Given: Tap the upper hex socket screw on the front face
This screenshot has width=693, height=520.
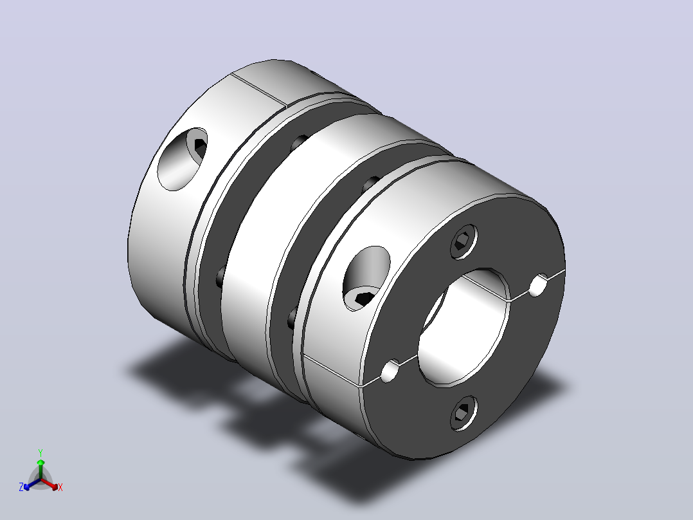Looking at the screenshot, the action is (464, 241).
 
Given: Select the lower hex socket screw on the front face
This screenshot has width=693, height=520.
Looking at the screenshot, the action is (464, 413).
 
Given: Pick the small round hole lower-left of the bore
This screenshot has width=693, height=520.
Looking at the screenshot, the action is (390, 371).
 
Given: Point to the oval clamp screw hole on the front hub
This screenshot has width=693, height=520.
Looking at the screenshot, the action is (366, 279).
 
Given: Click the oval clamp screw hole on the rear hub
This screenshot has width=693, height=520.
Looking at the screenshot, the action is (182, 159).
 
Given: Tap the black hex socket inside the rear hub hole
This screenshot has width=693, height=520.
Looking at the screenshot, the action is (200, 148).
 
